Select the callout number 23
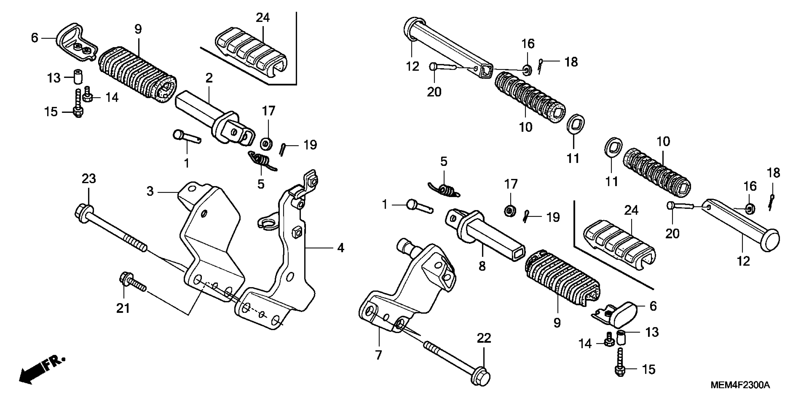(x=89, y=179)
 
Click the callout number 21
(x=123, y=308)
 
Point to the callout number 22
(x=484, y=338)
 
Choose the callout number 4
(x=340, y=248)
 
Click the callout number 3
(x=150, y=191)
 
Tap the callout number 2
(x=209, y=78)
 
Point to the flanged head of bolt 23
(x=82, y=213)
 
